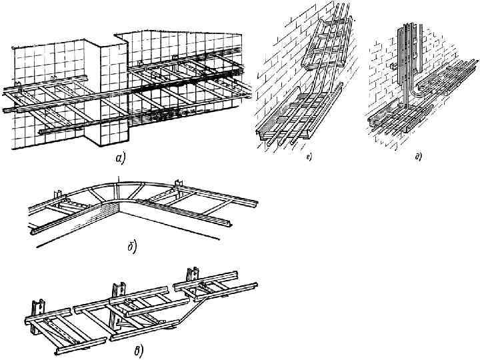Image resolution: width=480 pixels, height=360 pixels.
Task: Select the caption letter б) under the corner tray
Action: (x=132, y=249)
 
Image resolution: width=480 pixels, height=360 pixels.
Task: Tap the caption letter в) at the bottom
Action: (x=138, y=351)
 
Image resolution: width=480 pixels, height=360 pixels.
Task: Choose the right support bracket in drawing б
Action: (x=178, y=185)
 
